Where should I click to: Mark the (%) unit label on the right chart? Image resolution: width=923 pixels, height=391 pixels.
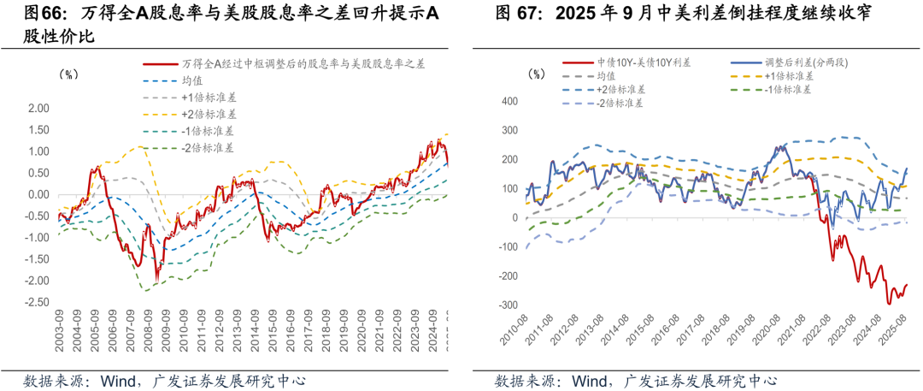(538, 74)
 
